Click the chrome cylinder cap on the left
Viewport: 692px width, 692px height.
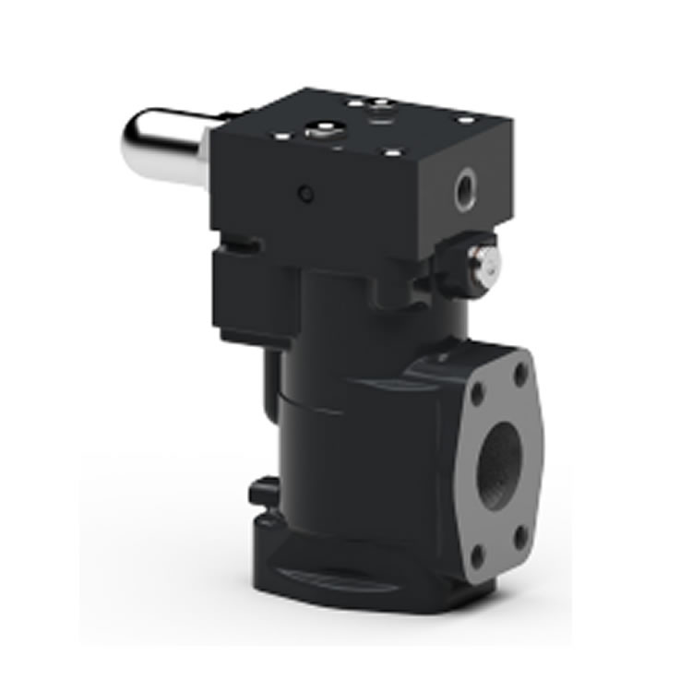coord(159,146)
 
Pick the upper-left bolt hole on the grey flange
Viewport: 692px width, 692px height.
coord(478,392)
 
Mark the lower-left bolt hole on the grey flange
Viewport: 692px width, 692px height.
coord(477,556)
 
